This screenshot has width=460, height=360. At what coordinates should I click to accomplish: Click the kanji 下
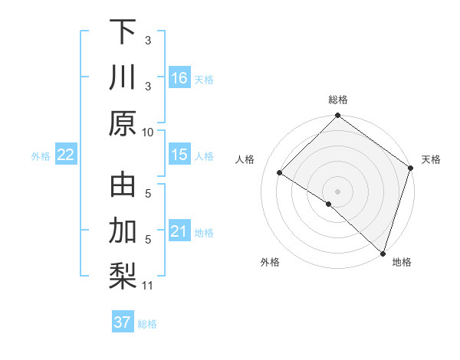123,32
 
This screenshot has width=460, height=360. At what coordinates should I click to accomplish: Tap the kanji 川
123,77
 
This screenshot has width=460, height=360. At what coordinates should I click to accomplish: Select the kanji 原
123,123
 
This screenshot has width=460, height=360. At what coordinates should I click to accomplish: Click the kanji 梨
123,275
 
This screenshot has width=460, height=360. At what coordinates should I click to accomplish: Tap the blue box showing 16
179,78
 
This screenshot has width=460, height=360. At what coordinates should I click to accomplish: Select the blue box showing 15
179,155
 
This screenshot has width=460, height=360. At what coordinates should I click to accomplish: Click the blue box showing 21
179,232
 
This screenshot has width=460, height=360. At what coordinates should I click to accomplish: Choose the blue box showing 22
66,155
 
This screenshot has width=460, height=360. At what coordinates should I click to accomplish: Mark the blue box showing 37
123,322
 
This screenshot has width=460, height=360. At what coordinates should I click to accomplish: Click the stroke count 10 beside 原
149,132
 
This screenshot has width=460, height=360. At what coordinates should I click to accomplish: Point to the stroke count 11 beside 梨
149,286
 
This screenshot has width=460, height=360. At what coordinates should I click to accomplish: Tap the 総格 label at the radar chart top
337,100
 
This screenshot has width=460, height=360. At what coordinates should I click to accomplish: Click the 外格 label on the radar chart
270,262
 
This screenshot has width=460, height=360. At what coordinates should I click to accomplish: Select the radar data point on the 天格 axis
411,169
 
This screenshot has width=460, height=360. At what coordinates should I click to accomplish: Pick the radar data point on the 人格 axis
280,173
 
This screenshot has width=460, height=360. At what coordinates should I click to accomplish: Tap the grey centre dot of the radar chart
337,191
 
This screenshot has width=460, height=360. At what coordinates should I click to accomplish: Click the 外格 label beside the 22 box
41,156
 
